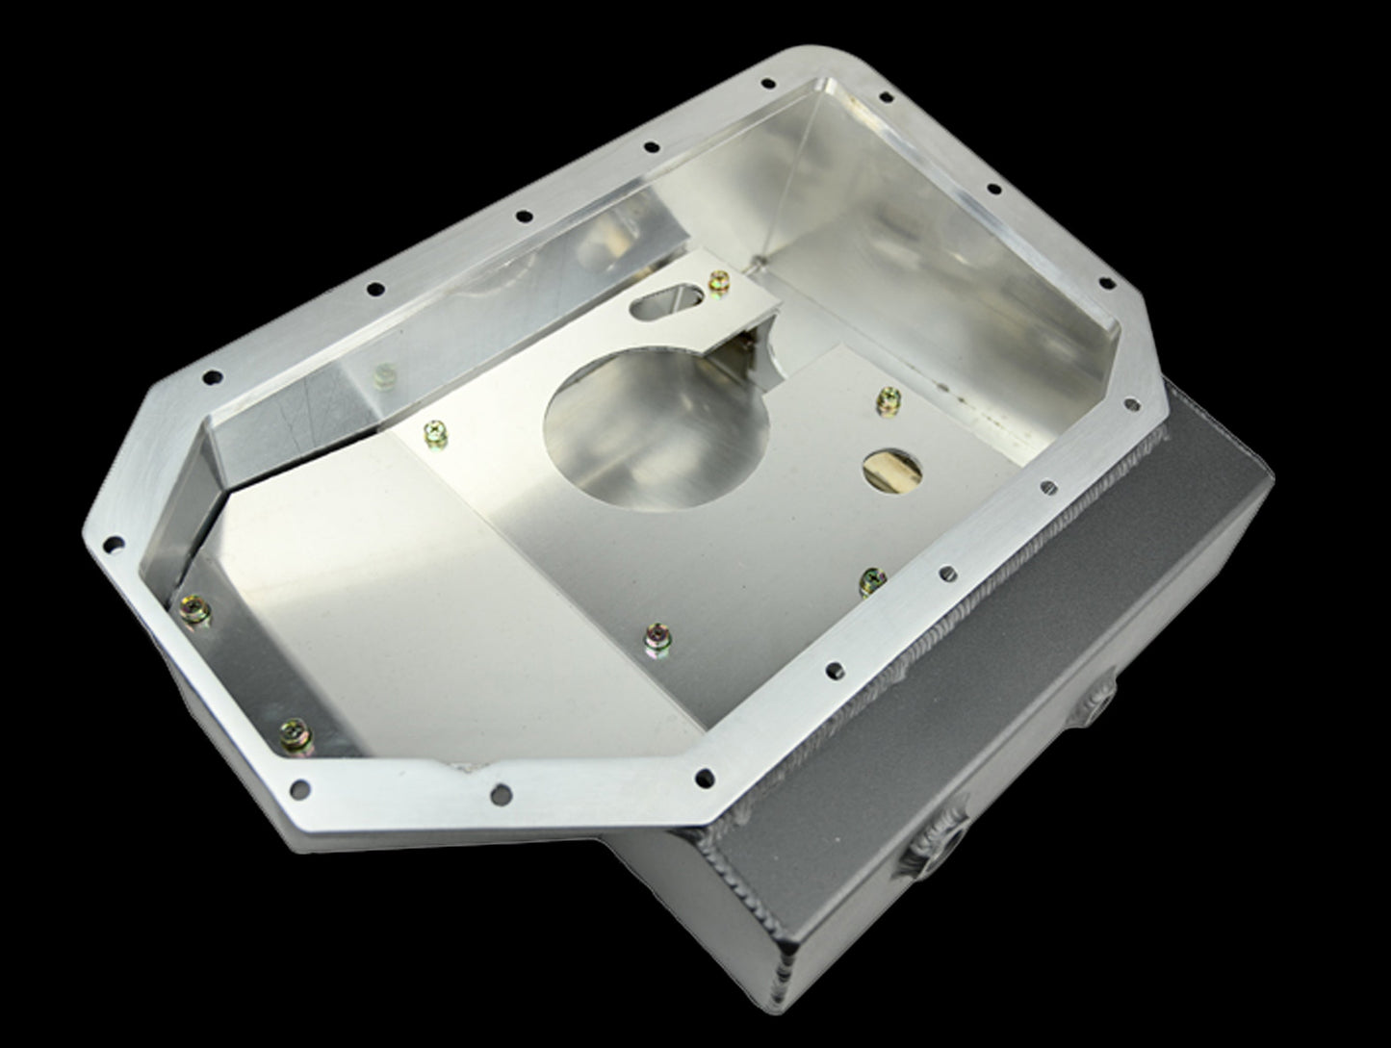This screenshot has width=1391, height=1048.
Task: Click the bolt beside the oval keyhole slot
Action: click(717, 282)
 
